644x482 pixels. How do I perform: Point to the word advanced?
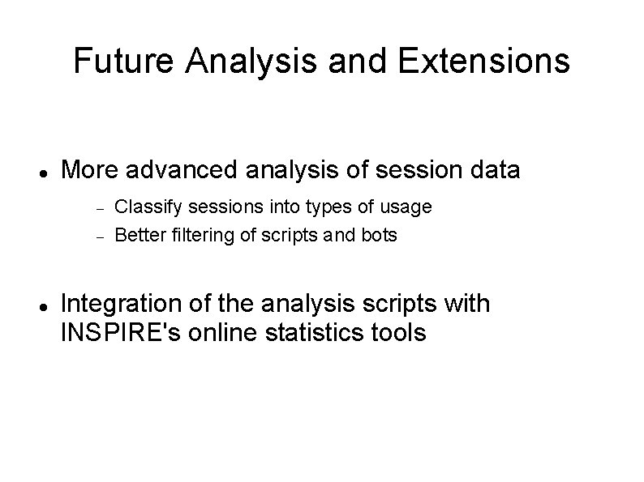point(182,170)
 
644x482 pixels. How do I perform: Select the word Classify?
point(142,207)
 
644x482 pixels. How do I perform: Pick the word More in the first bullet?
point(88,170)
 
